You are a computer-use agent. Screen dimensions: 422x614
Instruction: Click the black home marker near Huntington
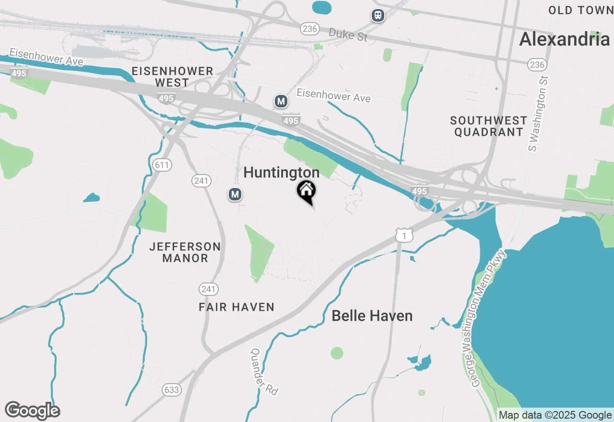coord(306,191)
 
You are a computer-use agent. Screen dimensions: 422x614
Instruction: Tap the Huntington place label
coord(282,173)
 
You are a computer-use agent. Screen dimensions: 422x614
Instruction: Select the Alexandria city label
coord(565,39)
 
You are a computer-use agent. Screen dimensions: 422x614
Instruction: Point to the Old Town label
coord(580,10)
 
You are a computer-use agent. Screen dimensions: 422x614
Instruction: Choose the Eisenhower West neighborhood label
coord(172,77)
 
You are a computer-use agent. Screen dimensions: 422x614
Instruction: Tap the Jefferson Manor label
coord(185,252)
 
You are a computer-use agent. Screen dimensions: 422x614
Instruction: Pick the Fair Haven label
coord(236,307)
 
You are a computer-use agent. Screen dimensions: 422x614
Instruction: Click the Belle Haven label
coord(372,316)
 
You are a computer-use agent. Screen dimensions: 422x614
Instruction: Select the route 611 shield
coord(163,165)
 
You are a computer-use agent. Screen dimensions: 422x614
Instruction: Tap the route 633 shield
coord(171,390)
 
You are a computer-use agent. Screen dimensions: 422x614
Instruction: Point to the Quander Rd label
coord(264,371)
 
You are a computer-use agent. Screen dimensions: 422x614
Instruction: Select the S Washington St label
coord(539,113)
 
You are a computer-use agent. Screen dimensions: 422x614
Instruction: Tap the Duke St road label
coord(348,34)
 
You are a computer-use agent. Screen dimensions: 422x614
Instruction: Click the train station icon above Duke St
coord(378,15)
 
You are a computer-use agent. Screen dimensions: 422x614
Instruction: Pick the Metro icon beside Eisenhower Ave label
coord(281,101)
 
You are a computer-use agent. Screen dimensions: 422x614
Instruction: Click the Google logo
coord(32,411)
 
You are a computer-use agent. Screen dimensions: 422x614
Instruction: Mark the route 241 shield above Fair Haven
coord(209,289)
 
